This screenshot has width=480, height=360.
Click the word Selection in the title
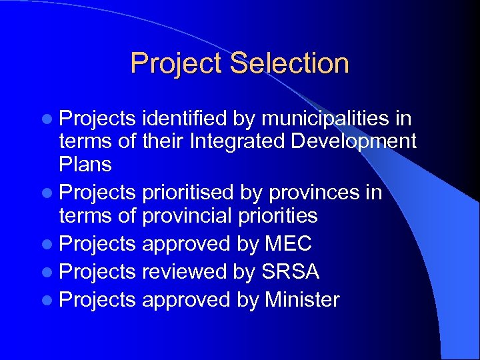coord(290,64)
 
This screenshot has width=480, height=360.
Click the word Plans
coord(85,163)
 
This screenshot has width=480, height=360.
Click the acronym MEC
coord(288,244)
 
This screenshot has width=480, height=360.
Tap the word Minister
coord(302,300)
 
